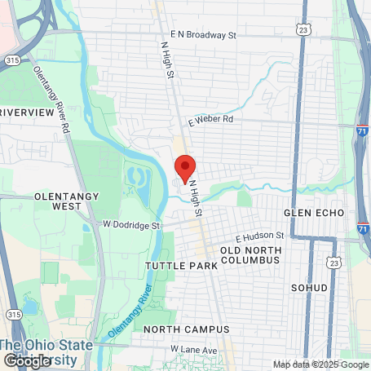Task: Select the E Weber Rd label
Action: [210, 119]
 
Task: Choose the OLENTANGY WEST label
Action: [58, 201]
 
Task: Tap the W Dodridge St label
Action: [129, 224]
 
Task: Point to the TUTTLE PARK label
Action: [181, 266]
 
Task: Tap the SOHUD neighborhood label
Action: [309, 289]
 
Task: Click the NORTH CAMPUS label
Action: [186, 329]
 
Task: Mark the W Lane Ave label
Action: [194, 350]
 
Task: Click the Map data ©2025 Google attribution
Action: [320, 364]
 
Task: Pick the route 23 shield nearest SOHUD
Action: [333, 263]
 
